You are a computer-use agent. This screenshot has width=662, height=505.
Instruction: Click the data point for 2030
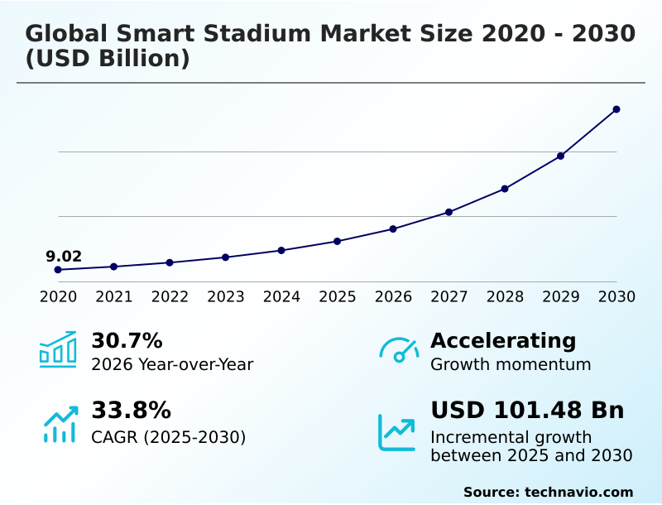click(616, 109)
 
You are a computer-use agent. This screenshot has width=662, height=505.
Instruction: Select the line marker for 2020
click(58, 270)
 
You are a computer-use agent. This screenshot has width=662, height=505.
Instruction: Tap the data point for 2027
click(449, 212)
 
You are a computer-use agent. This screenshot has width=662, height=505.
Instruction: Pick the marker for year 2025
click(337, 241)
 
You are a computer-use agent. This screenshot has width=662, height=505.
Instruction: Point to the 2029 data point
click(560, 156)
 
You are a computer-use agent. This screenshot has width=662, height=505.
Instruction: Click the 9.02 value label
click(64, 257)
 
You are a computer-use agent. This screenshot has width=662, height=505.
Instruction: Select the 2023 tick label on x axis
click(225, 296)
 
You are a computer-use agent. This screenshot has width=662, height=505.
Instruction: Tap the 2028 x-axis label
click(505, 296)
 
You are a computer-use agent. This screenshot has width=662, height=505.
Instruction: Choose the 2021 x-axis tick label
click(113, 296)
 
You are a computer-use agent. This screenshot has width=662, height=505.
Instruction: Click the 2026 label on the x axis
click(393, 296)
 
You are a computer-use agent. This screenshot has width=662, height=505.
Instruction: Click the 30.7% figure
click(127, 341)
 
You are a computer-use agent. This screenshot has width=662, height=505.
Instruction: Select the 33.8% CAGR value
click(131, 411)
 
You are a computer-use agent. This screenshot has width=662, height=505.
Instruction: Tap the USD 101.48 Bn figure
click(527, 411)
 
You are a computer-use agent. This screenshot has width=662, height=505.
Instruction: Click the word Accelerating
click(503, 341)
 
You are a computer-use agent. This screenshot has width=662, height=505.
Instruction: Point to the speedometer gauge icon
click(399, 350)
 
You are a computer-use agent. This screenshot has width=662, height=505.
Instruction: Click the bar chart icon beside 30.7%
click(58, 350)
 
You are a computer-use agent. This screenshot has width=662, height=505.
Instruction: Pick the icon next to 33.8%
click(60, 424)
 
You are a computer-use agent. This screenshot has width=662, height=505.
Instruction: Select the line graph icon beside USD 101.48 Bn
click(397, 432)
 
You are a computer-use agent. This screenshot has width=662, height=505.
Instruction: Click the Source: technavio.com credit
click(548, 492)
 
